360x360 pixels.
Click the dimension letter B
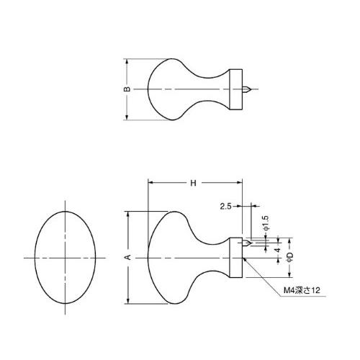[x=127, y=89]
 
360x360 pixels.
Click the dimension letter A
[x=128, y=257]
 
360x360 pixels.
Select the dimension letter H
[x=193, y=183]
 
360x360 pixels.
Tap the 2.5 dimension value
[x=225, y=206]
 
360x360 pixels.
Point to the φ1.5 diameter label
[x=266, y=223]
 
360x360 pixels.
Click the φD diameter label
[x=290, y=257]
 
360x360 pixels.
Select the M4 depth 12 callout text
[x=302, y=290]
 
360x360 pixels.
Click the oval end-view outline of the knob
[x=35, y=257]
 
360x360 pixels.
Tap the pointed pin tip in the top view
[x=250, y=89]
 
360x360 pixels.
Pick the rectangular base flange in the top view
[x=236, y=89]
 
